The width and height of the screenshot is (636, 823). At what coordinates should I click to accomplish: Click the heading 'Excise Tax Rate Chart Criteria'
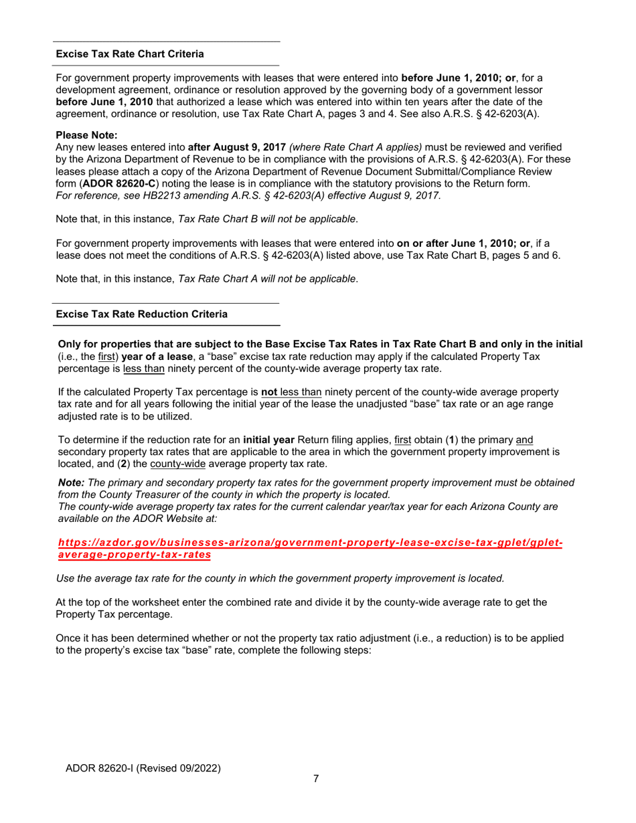130,54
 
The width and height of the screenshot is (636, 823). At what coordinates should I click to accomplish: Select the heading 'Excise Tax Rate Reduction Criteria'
141,314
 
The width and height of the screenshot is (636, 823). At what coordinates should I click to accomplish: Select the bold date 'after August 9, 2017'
236,147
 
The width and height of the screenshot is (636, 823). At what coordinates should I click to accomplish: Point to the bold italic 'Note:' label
72,483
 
